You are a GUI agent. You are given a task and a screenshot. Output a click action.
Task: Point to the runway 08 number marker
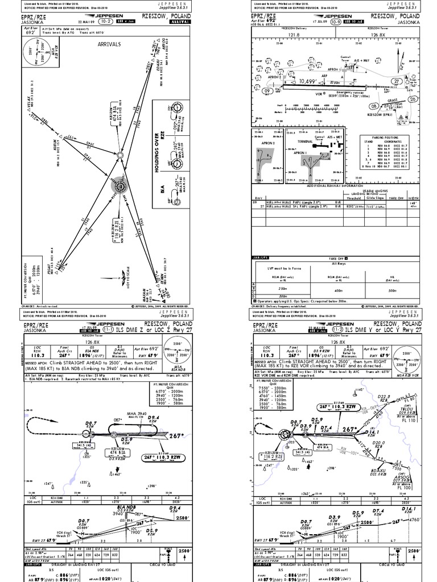point(375,106)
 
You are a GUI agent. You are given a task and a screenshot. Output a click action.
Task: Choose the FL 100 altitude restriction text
point(405,488)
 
